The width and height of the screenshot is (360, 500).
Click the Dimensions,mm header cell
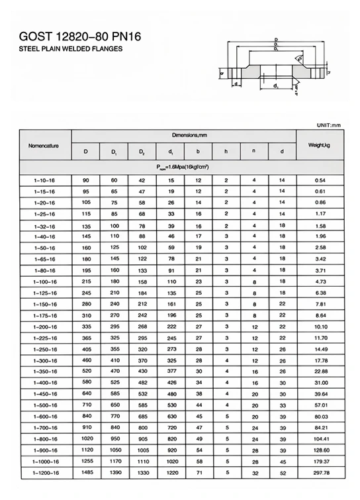tap(183, 135)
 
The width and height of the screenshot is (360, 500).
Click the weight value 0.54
tap(320, 180)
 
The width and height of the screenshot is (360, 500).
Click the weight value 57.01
tap(320, 405)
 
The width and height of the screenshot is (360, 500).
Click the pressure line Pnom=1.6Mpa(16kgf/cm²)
tap(183, 166)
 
